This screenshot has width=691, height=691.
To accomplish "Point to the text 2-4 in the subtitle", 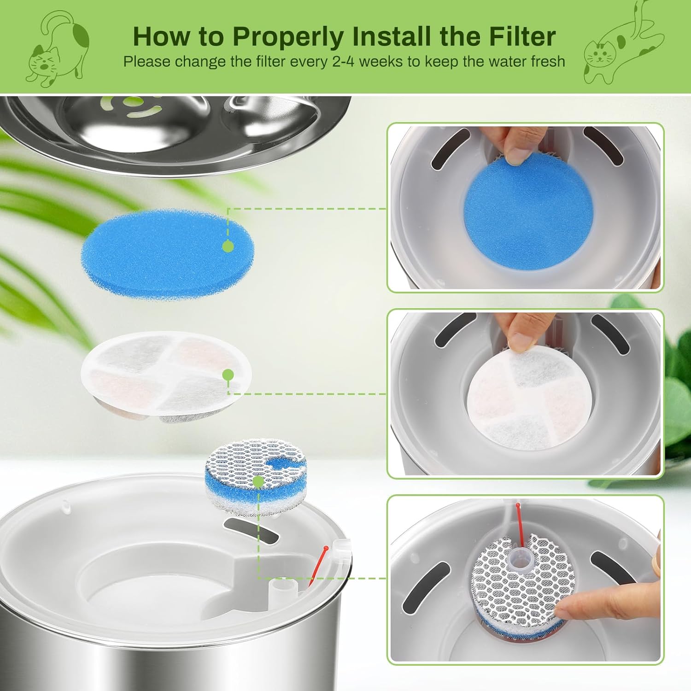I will point(342,62).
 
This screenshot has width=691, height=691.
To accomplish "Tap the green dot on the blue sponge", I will point(228,246).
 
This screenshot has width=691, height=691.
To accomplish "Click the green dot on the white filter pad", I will point(228,375).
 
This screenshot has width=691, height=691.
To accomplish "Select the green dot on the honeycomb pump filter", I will point(258,482).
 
